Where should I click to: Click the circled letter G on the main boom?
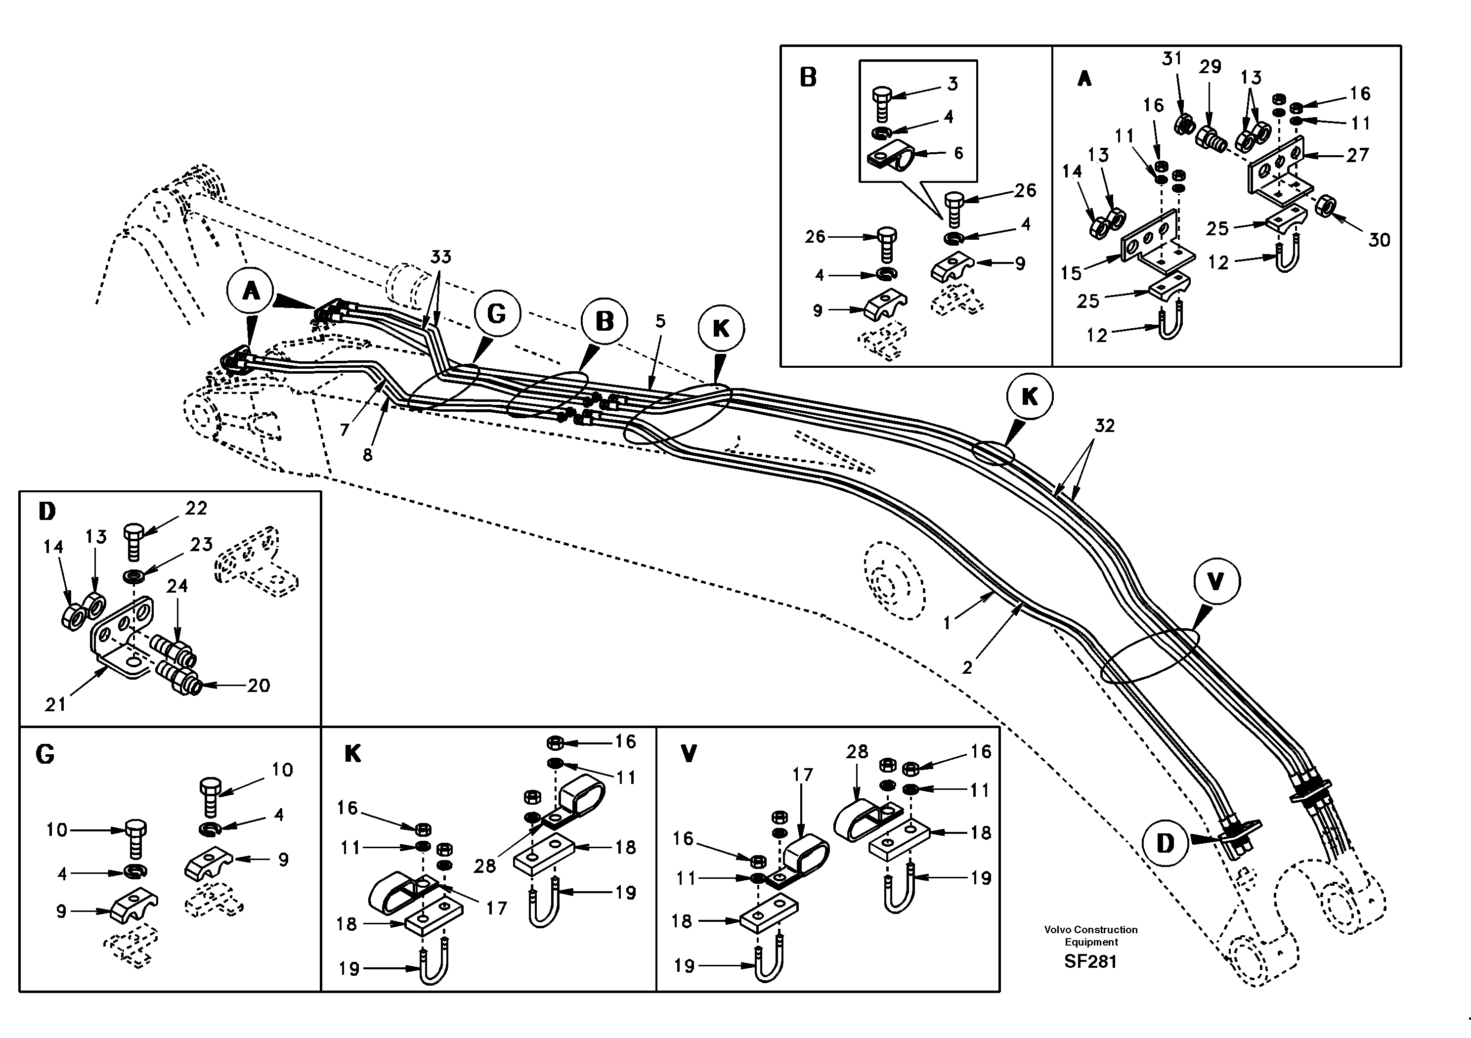coord(497,314)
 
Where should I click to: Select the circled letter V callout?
coord(1215,582)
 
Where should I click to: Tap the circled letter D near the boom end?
coord(1165,843)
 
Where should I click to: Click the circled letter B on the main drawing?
coord(604,322)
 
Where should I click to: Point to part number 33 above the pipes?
coord(441,257)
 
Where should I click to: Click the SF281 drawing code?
coord(1090,962)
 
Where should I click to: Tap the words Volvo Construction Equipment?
coord(1090,936)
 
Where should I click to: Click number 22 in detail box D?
coord(196,508)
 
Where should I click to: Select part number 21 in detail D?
coord(55,705)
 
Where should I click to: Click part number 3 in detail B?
coord(952,84)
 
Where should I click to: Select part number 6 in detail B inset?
coord(958,153)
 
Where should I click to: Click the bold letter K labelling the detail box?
coord(352,754)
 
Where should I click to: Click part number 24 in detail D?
coord(177,586)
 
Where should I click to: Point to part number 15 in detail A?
coord(1071,273)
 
